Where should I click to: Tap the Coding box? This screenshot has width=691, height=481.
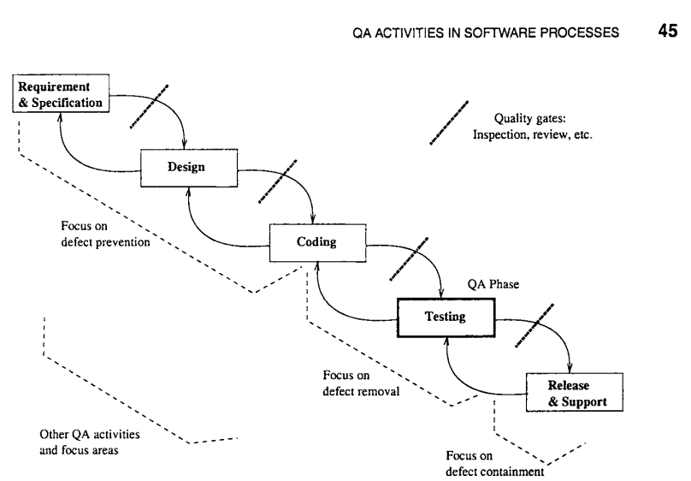point(316,241)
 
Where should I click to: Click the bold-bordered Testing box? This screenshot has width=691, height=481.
point(445,317)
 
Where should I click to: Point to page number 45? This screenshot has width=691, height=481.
point(666,33)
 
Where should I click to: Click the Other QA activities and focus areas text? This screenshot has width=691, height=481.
point(90,442)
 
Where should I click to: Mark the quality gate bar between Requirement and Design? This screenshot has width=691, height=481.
point(149,106)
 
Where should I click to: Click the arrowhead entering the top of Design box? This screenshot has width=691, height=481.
point(186,147)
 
